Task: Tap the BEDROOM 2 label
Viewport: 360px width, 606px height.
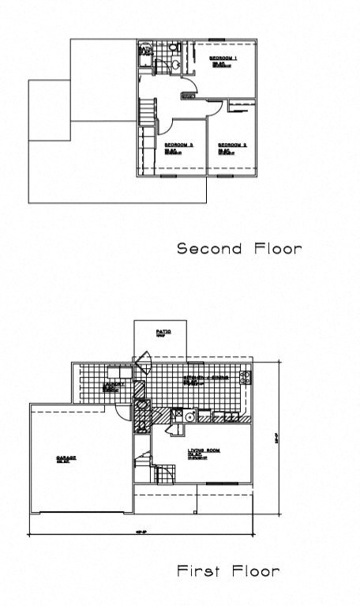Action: tap(233, 145)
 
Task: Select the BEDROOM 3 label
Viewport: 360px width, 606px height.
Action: tap(179, 145)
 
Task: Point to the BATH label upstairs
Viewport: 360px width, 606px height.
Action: tap(144, 49)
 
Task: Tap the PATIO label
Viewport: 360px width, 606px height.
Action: tap(163, 332)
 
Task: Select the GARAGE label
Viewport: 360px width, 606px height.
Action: tap(65, 458)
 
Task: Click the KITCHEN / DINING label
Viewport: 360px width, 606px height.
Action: tap(207, 378)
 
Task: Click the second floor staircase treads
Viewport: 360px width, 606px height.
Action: tap(148, 111)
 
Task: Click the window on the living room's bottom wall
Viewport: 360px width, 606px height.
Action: tap(227, 483)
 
